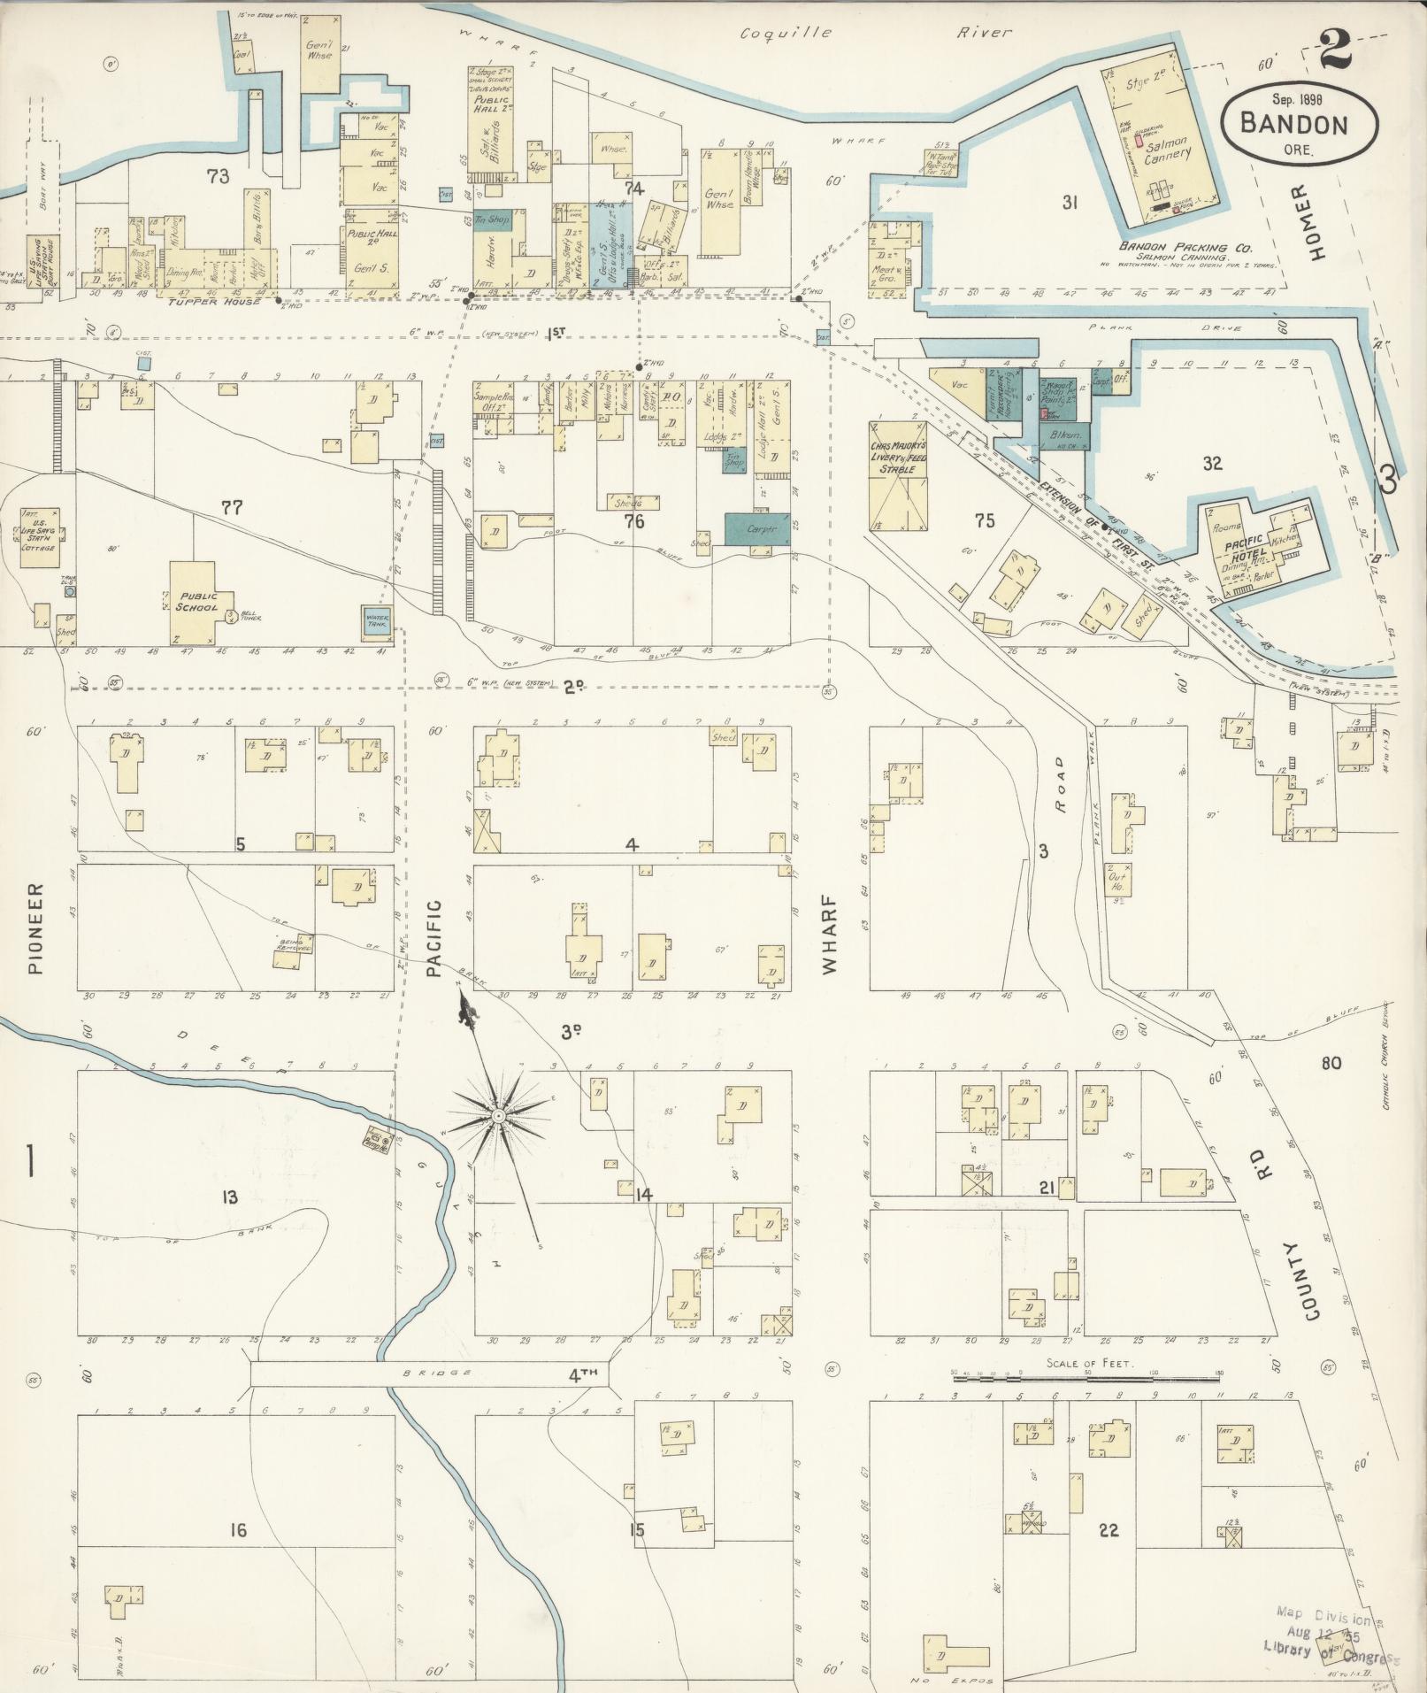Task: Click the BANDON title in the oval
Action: pos(1294,123)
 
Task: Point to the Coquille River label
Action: pos(875,33)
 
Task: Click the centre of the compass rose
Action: pos(499,1117)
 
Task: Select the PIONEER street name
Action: pos(35,927)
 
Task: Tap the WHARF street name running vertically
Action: pos(829,939)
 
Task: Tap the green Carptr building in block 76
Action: pos(757,528)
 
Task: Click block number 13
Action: pos(230,1197)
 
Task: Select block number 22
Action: pos(1109,1530)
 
